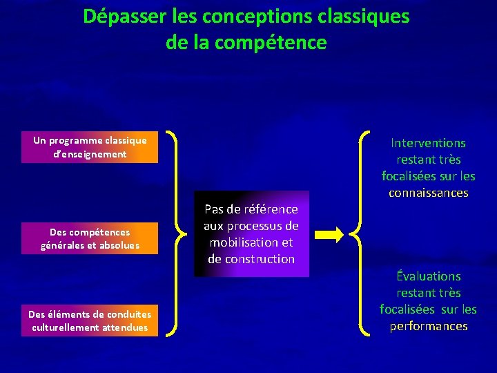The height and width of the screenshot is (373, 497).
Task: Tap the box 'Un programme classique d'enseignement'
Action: pyautogui.click(x=90, y=147)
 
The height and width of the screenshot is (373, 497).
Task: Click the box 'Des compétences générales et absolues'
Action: pyautogui.click(x=90, y=239)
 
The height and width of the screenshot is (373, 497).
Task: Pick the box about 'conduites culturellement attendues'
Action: pyautogui.click(x=90, y=321)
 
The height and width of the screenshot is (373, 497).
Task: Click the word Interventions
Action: pyautogui.click(x=428, y=143)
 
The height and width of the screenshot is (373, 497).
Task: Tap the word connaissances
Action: pyautogui.click(x=428, y=193)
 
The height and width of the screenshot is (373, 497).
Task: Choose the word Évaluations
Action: pyautogui.click(x=428, y=276)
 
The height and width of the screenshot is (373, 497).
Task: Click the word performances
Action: pyautogui.click(x=428, y=326)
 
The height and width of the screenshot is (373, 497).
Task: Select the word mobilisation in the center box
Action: pyautogui.click(x=251, y=242)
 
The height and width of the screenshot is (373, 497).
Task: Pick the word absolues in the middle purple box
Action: pyautogui.click(x=119, y=245)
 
